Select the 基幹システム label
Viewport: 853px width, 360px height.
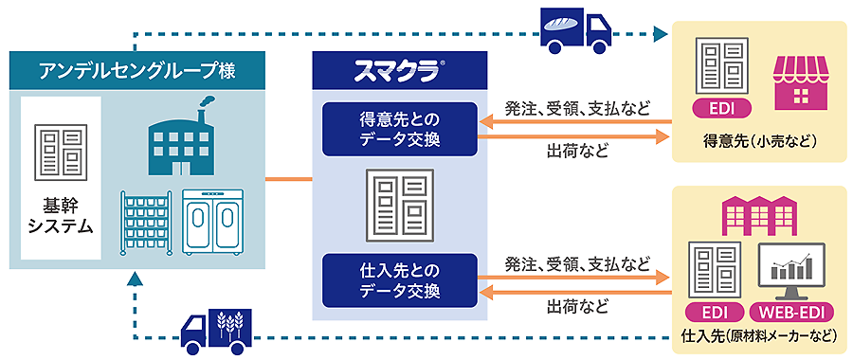pos(62,216)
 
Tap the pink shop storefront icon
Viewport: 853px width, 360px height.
pos(801,78)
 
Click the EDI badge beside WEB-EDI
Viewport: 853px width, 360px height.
pos(711,312)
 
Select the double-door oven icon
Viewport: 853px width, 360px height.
pos(214,223)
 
